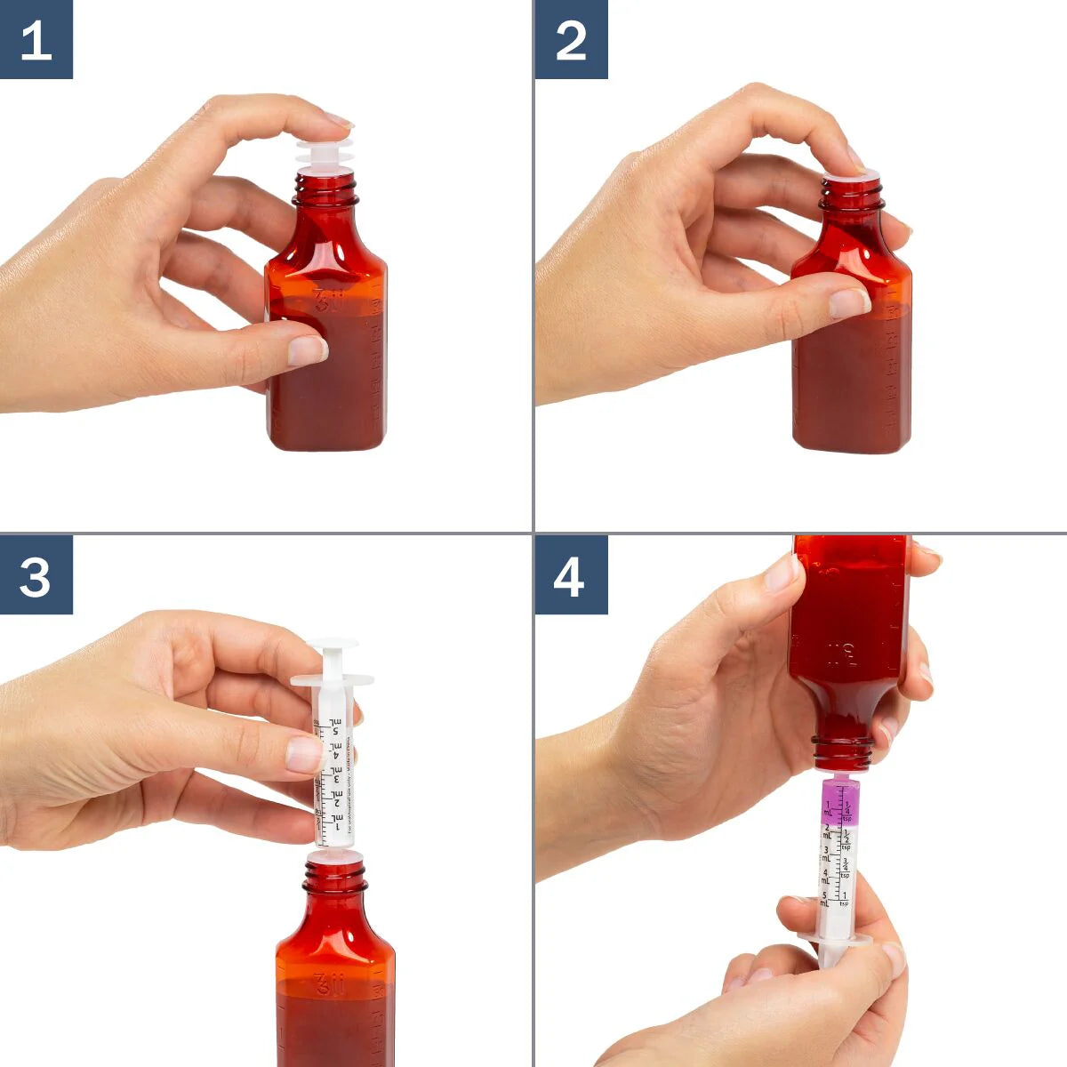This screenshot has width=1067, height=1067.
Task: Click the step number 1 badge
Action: coord(36,39)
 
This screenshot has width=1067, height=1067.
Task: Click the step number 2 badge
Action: coord(571,39)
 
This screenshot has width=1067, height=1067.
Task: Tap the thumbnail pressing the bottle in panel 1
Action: coord(307,350)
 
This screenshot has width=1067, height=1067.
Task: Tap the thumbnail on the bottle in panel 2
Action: coord(849,303)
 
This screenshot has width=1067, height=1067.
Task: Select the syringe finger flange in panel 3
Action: coord(332,681)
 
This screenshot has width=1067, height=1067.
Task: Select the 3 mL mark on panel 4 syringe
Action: coord(826,852)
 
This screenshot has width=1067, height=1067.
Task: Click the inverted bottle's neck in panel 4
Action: coord(842,752)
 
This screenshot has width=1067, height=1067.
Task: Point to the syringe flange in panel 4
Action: coord(835,938)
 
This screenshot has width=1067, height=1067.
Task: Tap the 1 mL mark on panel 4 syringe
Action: coord(827,807)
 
